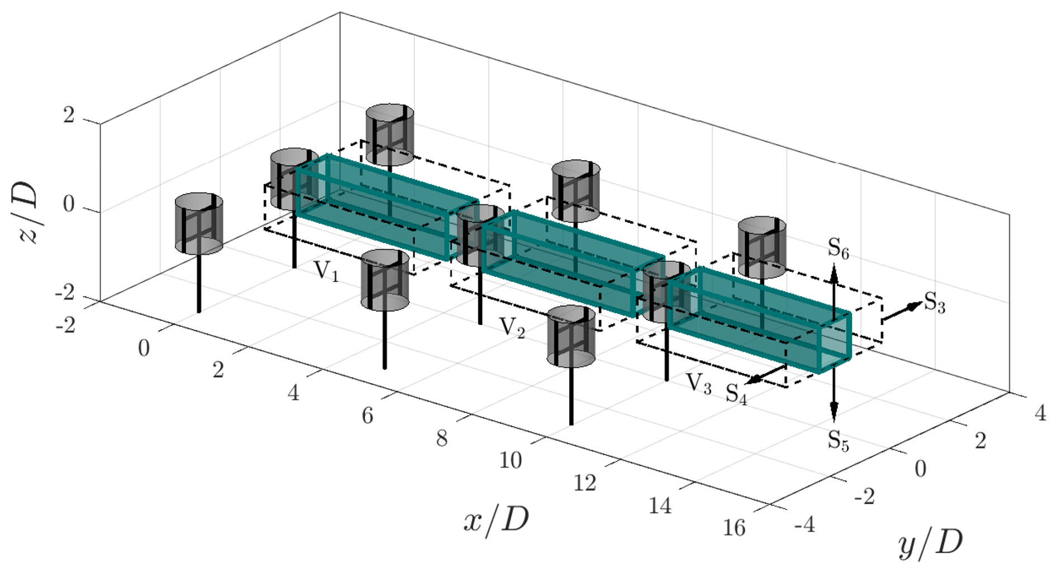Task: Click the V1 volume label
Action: coord(326,271)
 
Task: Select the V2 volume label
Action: coord(512,328)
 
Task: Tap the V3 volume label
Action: coord(698,384)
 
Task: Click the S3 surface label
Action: coord(935,303)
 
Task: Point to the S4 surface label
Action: coord(736,394)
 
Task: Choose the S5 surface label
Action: coord(838,441)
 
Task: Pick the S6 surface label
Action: coord(838,249)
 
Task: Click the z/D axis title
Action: coord(28,212)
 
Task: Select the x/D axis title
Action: coord(496,521)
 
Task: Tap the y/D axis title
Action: coord(931,543)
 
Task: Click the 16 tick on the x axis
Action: coord(734,528)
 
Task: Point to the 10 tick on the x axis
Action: coord(510,460)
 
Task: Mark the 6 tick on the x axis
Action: coord(367,416)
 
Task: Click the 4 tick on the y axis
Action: coord(1040,413)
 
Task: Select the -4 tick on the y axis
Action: coord(805,525)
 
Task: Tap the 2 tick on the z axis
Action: coord(69,115)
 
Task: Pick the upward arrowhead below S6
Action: coord(834,273)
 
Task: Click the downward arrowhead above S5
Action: coord(834,413)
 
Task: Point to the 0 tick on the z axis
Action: coord(69,205)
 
